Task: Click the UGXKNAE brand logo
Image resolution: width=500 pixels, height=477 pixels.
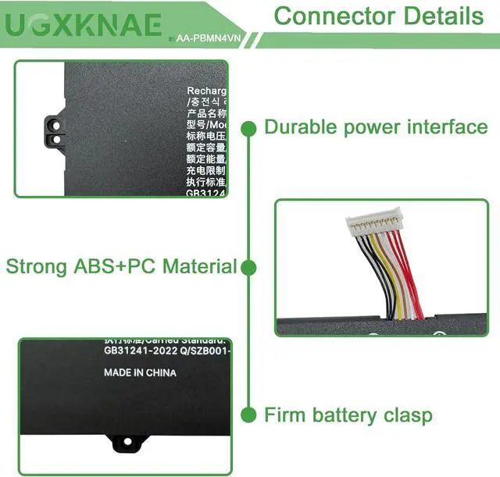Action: [84, 26]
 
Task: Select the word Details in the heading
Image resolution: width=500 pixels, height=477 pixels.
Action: [442, 16]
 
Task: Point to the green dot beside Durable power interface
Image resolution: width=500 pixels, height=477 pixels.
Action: [249, 127]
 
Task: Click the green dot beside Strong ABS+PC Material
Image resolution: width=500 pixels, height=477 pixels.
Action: [249, 267]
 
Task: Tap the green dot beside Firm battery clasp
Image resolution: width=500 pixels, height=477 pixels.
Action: [249, 415]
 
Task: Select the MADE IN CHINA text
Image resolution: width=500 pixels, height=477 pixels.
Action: [140, 373]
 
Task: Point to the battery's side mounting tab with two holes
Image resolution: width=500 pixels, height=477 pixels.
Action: [54, 130]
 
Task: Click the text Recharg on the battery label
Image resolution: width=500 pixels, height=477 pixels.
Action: [206, 92]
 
